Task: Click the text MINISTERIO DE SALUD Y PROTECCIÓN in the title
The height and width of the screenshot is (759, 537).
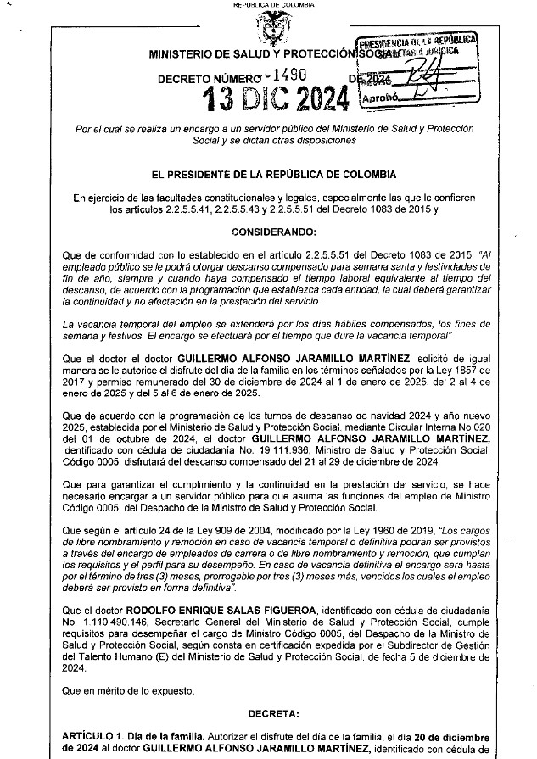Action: coord(253,54)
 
